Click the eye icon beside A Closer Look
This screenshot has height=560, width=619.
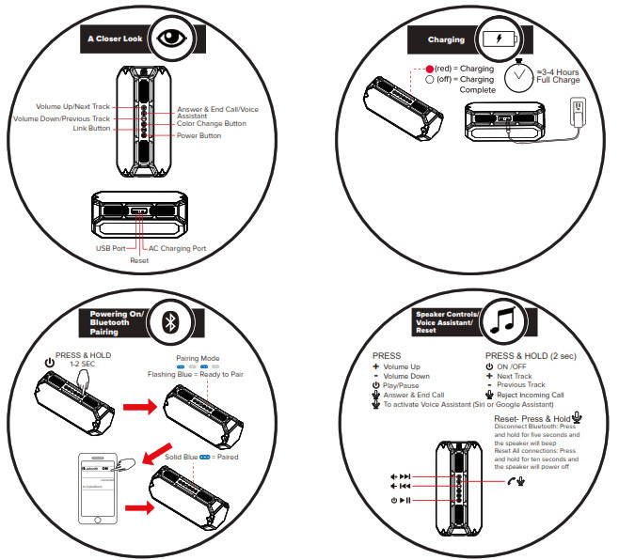pyautogui.click(x=170, y=39)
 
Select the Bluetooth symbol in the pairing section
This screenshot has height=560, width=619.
pyautogui.click(x=170, y=320)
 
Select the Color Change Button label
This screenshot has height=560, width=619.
pyautogui.click(x=212, y=123)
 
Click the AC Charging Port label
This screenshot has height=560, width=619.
pyautogui.click(x=178, y=248)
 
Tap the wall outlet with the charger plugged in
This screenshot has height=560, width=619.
pyautogui.click(x=579, y=112)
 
